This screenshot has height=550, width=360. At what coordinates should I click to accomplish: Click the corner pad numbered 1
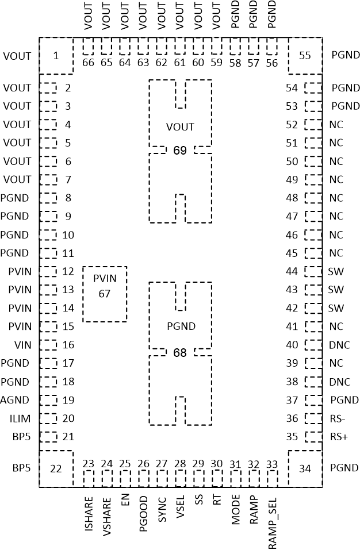[x=56, y=56]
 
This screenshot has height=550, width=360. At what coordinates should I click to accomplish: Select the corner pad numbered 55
[x=305, y=56]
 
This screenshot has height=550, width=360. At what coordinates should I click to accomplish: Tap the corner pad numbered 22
[x=56, y=468]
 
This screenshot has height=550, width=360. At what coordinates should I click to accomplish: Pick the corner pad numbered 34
[x=305, y=468]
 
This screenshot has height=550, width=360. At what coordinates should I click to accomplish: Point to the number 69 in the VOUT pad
[x=180, y=151]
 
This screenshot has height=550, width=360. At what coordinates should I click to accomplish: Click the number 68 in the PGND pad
[x=180, y=352]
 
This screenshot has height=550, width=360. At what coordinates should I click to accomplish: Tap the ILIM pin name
[x=19, y=418]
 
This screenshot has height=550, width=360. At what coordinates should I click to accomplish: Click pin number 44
[x=292, y=271]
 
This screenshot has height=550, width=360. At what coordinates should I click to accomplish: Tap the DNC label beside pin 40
[x=339, y=345]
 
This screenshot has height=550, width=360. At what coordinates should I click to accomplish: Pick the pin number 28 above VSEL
[x=180, y=464]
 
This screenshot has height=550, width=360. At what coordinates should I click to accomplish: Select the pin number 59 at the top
[x=217, y=63]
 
